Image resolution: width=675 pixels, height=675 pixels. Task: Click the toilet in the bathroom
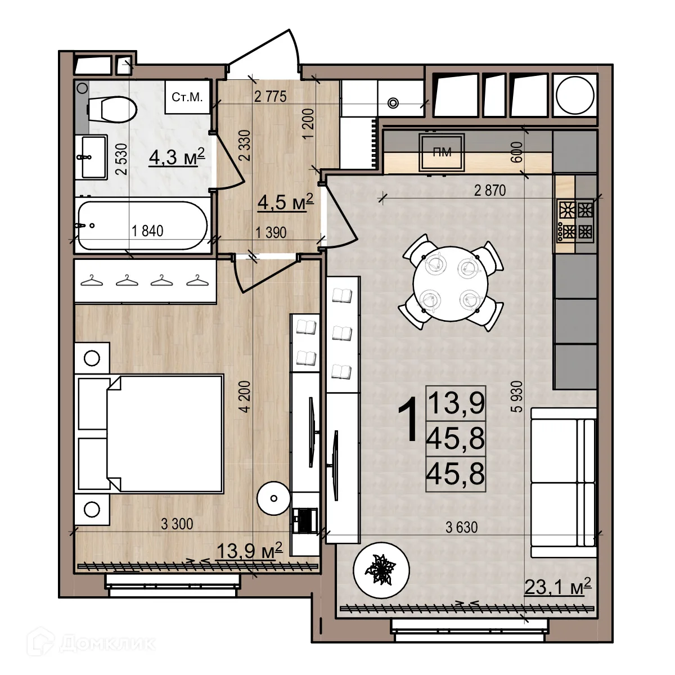click(x=111, y=110)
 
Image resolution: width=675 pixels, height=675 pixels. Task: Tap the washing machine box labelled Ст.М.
click(x=187, y=97)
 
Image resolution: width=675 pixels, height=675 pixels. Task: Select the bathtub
click(x=142, y=225)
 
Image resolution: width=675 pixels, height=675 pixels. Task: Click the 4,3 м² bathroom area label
click(x=177, y=157)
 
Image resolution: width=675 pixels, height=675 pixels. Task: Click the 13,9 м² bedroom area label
click(x=250, y=551)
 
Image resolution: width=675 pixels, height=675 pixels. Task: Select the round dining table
click(x=451, y=283)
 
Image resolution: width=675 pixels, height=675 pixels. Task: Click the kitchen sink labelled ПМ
click(x=442, y=152)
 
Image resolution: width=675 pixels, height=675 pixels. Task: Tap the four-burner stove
click(x=575, y=220)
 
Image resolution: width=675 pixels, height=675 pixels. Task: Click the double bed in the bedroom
click(x=149, y=434)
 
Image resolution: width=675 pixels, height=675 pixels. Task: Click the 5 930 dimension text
click(x=519, y=397)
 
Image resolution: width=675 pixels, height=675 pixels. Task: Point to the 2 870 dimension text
click(x=490, y=191)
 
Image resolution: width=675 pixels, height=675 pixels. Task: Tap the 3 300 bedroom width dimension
click(x=177, y=524)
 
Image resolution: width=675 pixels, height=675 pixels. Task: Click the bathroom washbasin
click(x=91, y=157)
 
